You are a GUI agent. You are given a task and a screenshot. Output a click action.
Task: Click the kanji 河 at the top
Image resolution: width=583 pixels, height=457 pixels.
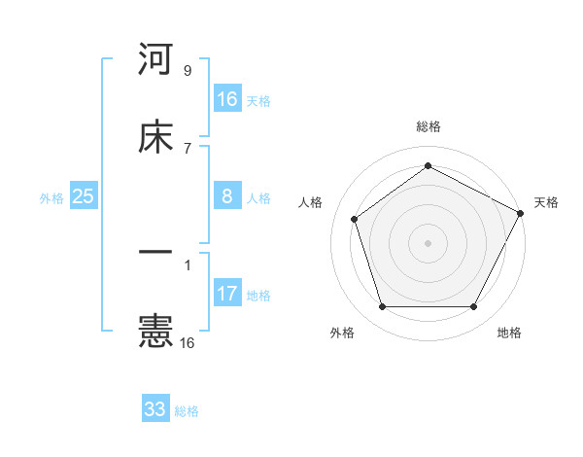(156, 60)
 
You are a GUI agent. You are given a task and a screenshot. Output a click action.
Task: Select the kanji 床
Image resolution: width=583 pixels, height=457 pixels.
(156, 137)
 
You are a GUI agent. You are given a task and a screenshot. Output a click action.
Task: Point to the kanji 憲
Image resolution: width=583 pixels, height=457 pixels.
(156, 332)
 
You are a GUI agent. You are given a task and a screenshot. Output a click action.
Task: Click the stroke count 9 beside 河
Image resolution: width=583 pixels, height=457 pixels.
(188, 70)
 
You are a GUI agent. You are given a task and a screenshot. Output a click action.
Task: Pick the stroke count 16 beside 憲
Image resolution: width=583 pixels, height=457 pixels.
(188, 342)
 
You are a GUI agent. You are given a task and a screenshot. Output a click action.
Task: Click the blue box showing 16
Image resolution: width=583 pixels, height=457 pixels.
(227, 99)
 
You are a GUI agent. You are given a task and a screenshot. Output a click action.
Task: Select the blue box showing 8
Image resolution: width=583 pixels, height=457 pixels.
(227, 196)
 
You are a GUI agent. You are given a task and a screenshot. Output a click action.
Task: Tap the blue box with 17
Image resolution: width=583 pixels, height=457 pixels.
(227, 294)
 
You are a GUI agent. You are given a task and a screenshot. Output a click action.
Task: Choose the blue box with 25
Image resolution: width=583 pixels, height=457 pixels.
(84, 196)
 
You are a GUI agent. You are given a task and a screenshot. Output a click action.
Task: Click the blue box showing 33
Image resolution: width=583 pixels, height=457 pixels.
(155, 409)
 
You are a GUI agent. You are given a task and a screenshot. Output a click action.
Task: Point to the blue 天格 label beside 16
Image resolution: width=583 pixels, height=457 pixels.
(258, 101)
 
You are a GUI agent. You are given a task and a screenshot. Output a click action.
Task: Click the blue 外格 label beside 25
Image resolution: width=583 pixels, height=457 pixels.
(51, 198)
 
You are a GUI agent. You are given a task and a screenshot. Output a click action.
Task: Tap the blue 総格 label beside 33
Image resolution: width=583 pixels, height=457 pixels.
(187, 411)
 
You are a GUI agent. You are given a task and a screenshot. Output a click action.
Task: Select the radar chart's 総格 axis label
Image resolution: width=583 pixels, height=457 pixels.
(429, 126)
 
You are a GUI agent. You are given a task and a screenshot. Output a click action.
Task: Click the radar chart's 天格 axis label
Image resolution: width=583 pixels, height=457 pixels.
(546, 202)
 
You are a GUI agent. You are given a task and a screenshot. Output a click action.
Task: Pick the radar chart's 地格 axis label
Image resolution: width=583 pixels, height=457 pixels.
(509, 334)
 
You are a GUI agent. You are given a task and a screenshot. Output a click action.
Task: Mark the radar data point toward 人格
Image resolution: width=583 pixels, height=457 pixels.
(355, 219)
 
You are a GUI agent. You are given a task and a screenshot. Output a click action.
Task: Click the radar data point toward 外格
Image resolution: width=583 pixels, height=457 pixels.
(382, 307)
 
